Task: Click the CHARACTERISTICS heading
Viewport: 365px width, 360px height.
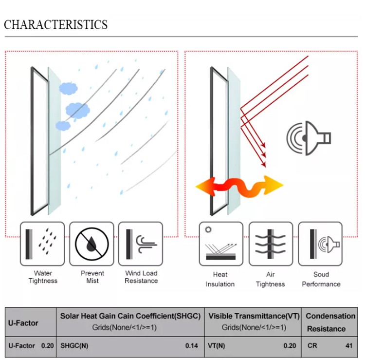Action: pyautogui.click(x=56, y=24)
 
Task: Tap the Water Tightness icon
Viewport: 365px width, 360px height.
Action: pyautogui.click(x=42, y=244)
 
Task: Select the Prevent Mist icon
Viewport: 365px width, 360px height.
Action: pyautogui.click(x=91, y=244)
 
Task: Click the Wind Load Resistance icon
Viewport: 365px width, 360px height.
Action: pyautogui.click(x=141, y=244)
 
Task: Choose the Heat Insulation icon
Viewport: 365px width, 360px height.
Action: pyautogui.click(x=221, y=244)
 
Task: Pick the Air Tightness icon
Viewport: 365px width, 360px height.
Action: pyautogui.click(x=271, y=244)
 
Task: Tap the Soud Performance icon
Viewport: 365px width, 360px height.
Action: pyautogui.click(x=320, y=244)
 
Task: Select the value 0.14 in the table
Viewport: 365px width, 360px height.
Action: pyautogui.click(x=192, y=346)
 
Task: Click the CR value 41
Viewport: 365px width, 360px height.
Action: pyautogui.click(x=348, y=346)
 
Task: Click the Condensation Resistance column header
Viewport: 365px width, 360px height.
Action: pyautogui.click(x=330, y=322)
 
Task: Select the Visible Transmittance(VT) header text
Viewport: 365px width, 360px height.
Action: pyautogui.click(x=254, y=316)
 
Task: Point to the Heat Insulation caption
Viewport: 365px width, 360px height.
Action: pyautogui.click(x=220, y=279)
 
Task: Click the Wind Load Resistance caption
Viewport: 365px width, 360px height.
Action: pyautogui.click(x=141, y=277)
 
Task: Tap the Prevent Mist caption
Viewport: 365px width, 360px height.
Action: pyautogui.click(x=92, y=277)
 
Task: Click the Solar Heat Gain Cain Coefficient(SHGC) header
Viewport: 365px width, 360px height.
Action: pyautogui.click(x=130, y=316)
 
